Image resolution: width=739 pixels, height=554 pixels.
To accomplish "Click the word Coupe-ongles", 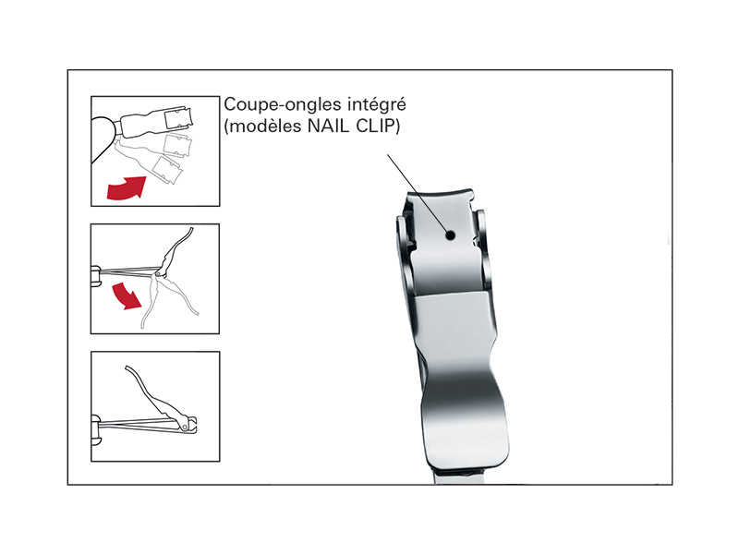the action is pyautogui.click(x=284, y=105).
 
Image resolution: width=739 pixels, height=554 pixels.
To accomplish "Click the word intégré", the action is pyautogui.click(x=377, y=104).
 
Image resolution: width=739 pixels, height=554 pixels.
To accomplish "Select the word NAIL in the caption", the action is pyautogui.click(x=328, y=126).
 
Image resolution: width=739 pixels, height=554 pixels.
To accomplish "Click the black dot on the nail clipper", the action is pyautogui.click(x=450, y=235).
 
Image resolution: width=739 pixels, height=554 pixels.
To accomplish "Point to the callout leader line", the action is pyautogui.click(x=418, y=193).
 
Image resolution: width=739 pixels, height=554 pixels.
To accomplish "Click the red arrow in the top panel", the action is pyautogui.click(x=126, y=187).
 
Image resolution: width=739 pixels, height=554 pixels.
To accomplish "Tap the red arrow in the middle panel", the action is pyautogui.click(x=127, y=295).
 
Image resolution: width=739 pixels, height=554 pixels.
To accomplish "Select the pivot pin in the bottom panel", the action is pyautogui.click(x=186, y=427).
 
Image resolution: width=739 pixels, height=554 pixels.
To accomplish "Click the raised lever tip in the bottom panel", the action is pyautogui.click(x=127, y=367).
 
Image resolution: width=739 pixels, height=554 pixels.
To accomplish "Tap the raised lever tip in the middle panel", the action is pyautogui.click(x=191, y=229).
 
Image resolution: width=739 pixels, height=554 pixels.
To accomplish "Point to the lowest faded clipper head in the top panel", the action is pyautogui.click(x=169, y=171).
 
